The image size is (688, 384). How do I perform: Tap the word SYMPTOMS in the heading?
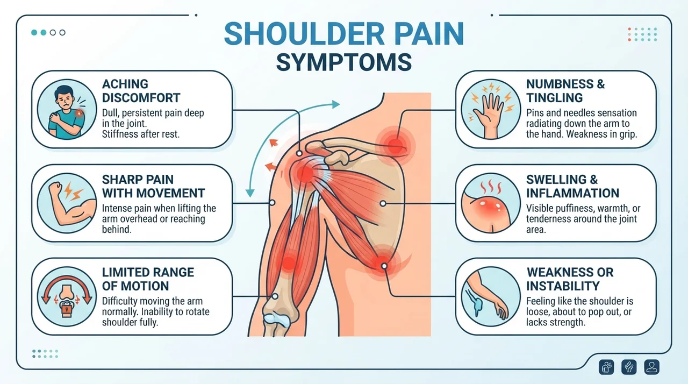click(x=343, y=62)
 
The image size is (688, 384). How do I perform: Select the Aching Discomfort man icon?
click(x=67, y=109)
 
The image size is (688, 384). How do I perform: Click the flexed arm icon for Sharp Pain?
click(x=67, y=203)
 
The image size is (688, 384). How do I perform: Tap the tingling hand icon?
click(x=491, y=109)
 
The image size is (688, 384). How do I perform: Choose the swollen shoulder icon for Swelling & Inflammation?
click(x=491, y=203)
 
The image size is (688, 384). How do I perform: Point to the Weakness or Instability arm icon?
click(x=491, y=296)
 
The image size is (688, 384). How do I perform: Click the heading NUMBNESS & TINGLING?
click(x=565, y=91)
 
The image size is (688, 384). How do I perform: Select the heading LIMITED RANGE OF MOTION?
click(x=148, y=279)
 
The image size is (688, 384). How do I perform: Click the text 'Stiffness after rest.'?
click(x=141, y=134)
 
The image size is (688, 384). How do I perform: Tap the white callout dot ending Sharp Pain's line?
click(x=272, y=203)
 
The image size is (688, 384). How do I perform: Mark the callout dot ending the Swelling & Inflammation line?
click(x=383, y=203)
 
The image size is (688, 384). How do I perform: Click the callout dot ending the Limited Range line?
click(x=275, y=296)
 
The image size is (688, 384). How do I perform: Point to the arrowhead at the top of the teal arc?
click(x=336, y=104)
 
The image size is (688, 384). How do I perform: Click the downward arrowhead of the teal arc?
click(x=250, y=193)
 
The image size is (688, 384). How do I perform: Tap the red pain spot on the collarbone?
click(x=395, y=146)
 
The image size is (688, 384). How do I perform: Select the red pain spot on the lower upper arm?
click(x=289, y=263)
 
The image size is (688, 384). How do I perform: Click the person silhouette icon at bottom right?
click(x=652, y=367)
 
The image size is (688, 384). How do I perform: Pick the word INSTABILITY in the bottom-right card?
click(x=563, y=286)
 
